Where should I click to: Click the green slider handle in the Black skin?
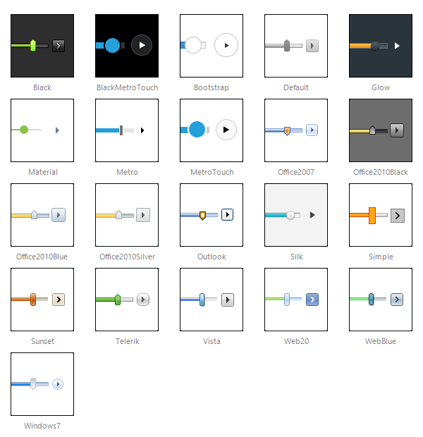[x=33, y=45]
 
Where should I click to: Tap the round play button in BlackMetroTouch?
[x=142, y=45]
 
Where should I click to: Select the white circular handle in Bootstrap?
[x=193, y=45]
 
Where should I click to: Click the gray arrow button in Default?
[x=312, y=46]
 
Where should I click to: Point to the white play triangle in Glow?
[x=397, y=46]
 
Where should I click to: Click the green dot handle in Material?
[x=24, y=130]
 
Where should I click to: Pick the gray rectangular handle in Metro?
[x=121, y=130]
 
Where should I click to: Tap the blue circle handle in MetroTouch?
[x=197, y=130]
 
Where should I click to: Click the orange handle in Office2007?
[x=287, y=130]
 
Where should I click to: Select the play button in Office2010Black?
[x=397, y=130]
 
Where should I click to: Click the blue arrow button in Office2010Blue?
[x=59, y=215]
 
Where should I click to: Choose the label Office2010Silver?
[x=127, y=257]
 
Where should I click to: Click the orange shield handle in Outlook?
[x=203, y=216]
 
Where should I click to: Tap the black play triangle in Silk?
[x=312, y=215]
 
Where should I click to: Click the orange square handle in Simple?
[x=372, y=216]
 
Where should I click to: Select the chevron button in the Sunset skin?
[x=59, y=300]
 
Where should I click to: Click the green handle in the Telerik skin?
[x=118, y=300]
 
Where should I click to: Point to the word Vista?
[x=211, y=341]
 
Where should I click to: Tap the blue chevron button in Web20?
[x=312, y=300]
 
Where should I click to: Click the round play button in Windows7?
[x=58, y=384]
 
